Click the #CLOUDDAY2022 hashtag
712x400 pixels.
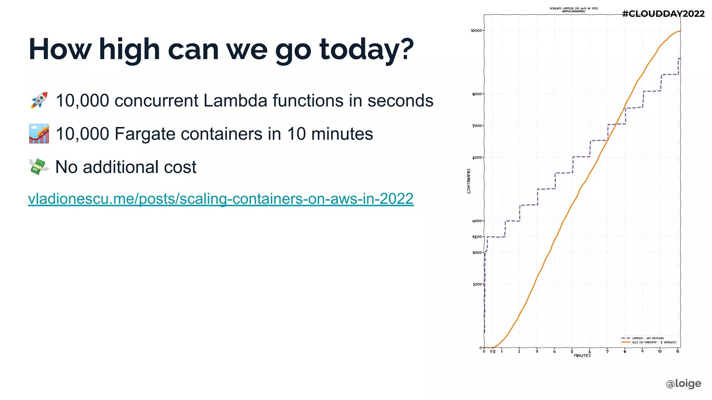click(x=663, y=14)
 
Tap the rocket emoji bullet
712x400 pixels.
click(x=39, y=100)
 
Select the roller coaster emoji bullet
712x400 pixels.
click(x=39, y=134)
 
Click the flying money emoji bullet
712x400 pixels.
click(x=39, y=167)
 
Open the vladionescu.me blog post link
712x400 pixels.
click(x=221, y=199)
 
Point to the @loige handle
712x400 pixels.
click(x=683, y=383)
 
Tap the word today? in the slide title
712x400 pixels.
click(x=366, y=49)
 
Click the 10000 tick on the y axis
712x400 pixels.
click(x=476, y=31)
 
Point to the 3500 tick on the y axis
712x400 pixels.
click(x=477, y=237)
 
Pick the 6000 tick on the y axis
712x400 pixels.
click(x=477, y=158)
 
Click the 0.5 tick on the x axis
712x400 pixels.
click(x=493, y=352)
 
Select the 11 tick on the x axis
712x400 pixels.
click(x=678, y=352)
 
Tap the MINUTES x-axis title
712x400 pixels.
click(x=582, y=355)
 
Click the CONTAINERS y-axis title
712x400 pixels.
click(x=469, y=181)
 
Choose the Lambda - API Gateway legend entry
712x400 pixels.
click(x=648, y=338)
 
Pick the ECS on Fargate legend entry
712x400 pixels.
click(x=654, y=342)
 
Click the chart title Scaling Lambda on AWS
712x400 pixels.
click(x=574, y=8)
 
